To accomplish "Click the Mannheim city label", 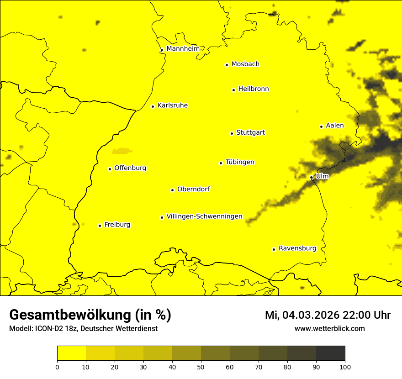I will click(183, 49).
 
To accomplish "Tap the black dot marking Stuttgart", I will click(232, 133).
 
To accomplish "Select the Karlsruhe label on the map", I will click(172, 105).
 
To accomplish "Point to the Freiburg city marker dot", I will click(100, 226).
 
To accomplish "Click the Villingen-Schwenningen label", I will click(204, 216).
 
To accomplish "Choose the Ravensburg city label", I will click(297, 248).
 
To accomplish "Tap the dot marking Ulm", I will click(311, 177).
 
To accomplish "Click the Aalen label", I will click(334, 126).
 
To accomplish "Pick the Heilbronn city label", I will click(254, 89).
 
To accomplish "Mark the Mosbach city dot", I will click(227, 65).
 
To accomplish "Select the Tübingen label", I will click(240, 162).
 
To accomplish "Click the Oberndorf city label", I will click(193, 189).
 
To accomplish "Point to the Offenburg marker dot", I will click(110, 169).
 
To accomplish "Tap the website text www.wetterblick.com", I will click(329, 328).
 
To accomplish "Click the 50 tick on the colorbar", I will click(201, 367).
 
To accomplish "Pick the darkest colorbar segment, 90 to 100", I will click(330, 353).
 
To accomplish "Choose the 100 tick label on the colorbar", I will click(345, 367).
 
